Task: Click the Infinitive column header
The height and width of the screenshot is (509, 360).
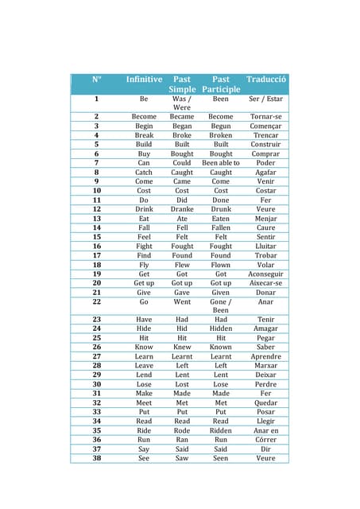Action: click(x=144, y=80)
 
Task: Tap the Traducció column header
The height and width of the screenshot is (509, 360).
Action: click(x=265, y=80)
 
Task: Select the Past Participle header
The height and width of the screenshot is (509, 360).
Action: click(x=221, y=84)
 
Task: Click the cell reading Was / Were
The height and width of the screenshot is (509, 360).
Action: click(x=182, y=103)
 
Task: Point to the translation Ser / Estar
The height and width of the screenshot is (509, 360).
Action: click(x=265, y=99)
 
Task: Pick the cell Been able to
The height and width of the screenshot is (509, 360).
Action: click(x=221, y=162)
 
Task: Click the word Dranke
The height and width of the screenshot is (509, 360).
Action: click(x=182, y=209)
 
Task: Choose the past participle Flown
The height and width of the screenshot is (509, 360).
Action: click(x=221, y=265)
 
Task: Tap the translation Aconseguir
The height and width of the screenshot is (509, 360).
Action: click(x=265, y=274)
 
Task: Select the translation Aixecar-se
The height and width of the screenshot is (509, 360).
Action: click(x=265, y=283)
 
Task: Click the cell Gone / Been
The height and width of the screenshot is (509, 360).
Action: click(x=221, y=305)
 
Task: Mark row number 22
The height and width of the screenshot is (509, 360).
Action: click(x=97, y=301)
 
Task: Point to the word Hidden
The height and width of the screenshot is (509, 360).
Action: click(x=221, y=328)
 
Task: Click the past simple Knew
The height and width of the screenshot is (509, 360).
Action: click(x=182, y=347)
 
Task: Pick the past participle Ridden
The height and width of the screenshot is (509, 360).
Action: click(x=221, y=430)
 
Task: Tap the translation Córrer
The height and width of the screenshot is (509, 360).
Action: click(x=265, y=440)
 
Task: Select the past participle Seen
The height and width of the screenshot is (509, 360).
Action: click(x=221, y=458)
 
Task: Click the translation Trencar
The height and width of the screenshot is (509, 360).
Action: click(x=265, y=135)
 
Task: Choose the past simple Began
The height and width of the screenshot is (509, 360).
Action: click(x=182, y=126)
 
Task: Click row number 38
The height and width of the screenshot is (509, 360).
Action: click(x=97, y=458)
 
